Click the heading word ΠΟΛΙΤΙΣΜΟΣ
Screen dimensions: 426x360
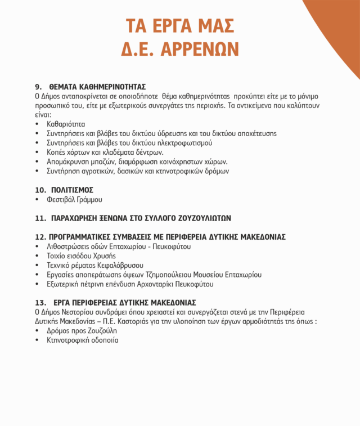tap(71, 190)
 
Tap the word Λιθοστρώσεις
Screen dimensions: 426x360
tap(69, 246)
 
